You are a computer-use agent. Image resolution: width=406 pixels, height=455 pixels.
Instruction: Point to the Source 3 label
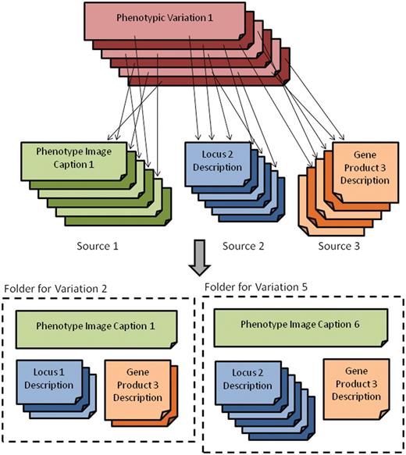point(340,247)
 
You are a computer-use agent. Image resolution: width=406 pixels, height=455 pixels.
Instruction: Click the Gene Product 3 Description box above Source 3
point(360,165)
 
